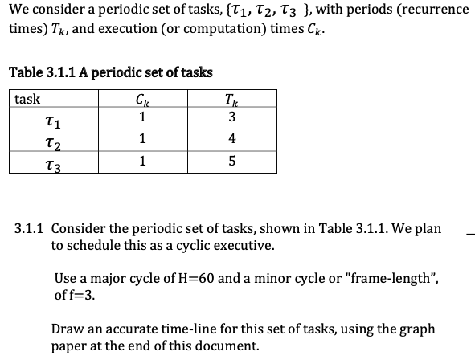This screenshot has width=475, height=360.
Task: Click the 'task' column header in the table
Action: coord(28,100)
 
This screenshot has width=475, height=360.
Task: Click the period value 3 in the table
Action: coord(231,117)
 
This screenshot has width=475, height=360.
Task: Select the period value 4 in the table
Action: coord(231,138)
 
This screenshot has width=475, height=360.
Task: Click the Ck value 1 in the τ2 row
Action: coord(142,138)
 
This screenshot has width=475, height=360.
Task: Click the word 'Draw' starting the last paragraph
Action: coord(68,329)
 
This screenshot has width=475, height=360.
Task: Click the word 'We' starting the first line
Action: coord(18,10)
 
